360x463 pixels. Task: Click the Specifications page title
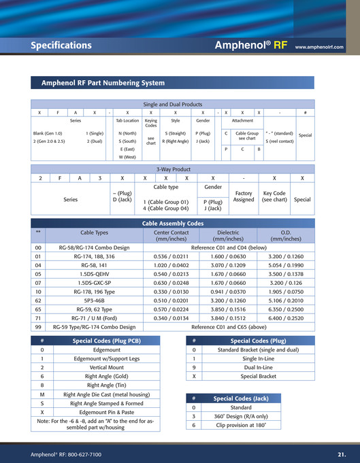[61, 46]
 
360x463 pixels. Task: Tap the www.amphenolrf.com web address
[319, 48]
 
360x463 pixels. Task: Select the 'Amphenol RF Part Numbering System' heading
[103, 83]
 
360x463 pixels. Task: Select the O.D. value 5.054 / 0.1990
[286, 265]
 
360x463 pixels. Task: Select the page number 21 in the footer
[341, 453]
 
